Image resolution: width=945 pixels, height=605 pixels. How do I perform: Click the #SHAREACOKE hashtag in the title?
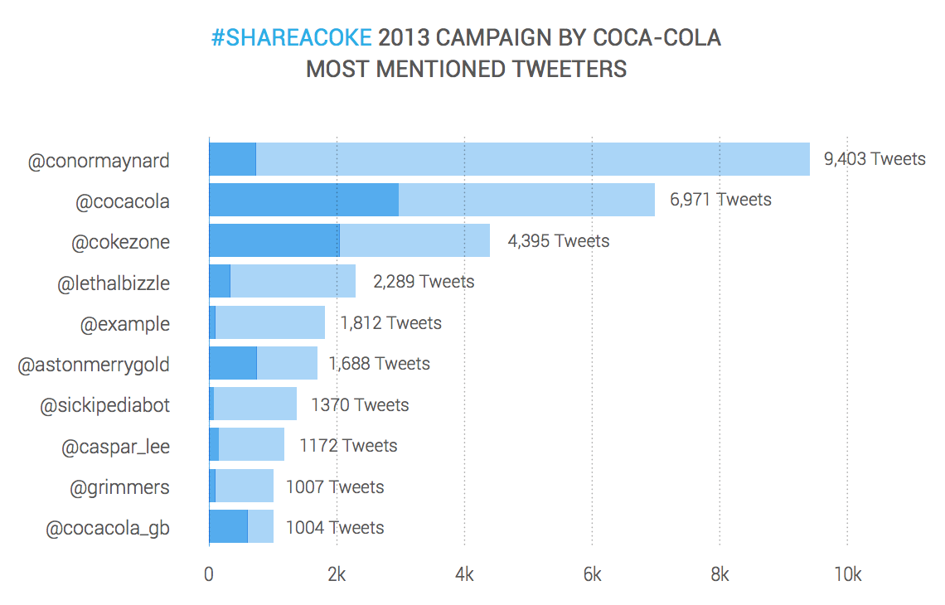pos(291,39)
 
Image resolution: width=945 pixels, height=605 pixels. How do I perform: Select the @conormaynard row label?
pos(99,160)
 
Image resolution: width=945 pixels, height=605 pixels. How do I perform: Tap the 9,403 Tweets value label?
pos(875,158)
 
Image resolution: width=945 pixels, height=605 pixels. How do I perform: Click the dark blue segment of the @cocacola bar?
pos(303,200)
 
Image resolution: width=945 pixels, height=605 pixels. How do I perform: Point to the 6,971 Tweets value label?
pos(720,199)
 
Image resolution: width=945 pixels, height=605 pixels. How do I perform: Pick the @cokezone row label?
pos(120,241)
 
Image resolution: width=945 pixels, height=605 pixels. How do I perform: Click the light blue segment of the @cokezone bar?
pos(414,240)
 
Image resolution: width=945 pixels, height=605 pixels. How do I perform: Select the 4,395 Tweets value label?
pos(558,240)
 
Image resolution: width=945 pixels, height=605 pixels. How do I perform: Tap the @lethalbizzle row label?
pos(114,283)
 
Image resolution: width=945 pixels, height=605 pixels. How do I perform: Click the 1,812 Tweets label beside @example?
pos(390,322)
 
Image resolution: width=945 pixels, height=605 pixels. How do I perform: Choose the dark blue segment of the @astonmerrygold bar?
pos(233,363)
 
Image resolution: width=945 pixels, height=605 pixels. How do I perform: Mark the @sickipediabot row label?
pos(105,405)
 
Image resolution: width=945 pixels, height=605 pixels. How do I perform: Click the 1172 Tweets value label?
pos(348,446)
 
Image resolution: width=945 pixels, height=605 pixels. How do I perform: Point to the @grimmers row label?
pos(119,486)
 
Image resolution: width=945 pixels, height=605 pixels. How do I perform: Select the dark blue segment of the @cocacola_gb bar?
pos(229,526)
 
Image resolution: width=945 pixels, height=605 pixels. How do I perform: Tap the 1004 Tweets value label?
pos(335,527)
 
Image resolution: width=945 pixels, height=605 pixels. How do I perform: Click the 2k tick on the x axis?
pos(337,574)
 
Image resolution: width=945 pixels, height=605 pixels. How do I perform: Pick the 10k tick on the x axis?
pos(846,574)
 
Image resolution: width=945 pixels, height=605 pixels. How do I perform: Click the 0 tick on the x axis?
pos(209,574)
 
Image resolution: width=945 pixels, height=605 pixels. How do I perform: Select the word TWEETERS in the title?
pos(569,69)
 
